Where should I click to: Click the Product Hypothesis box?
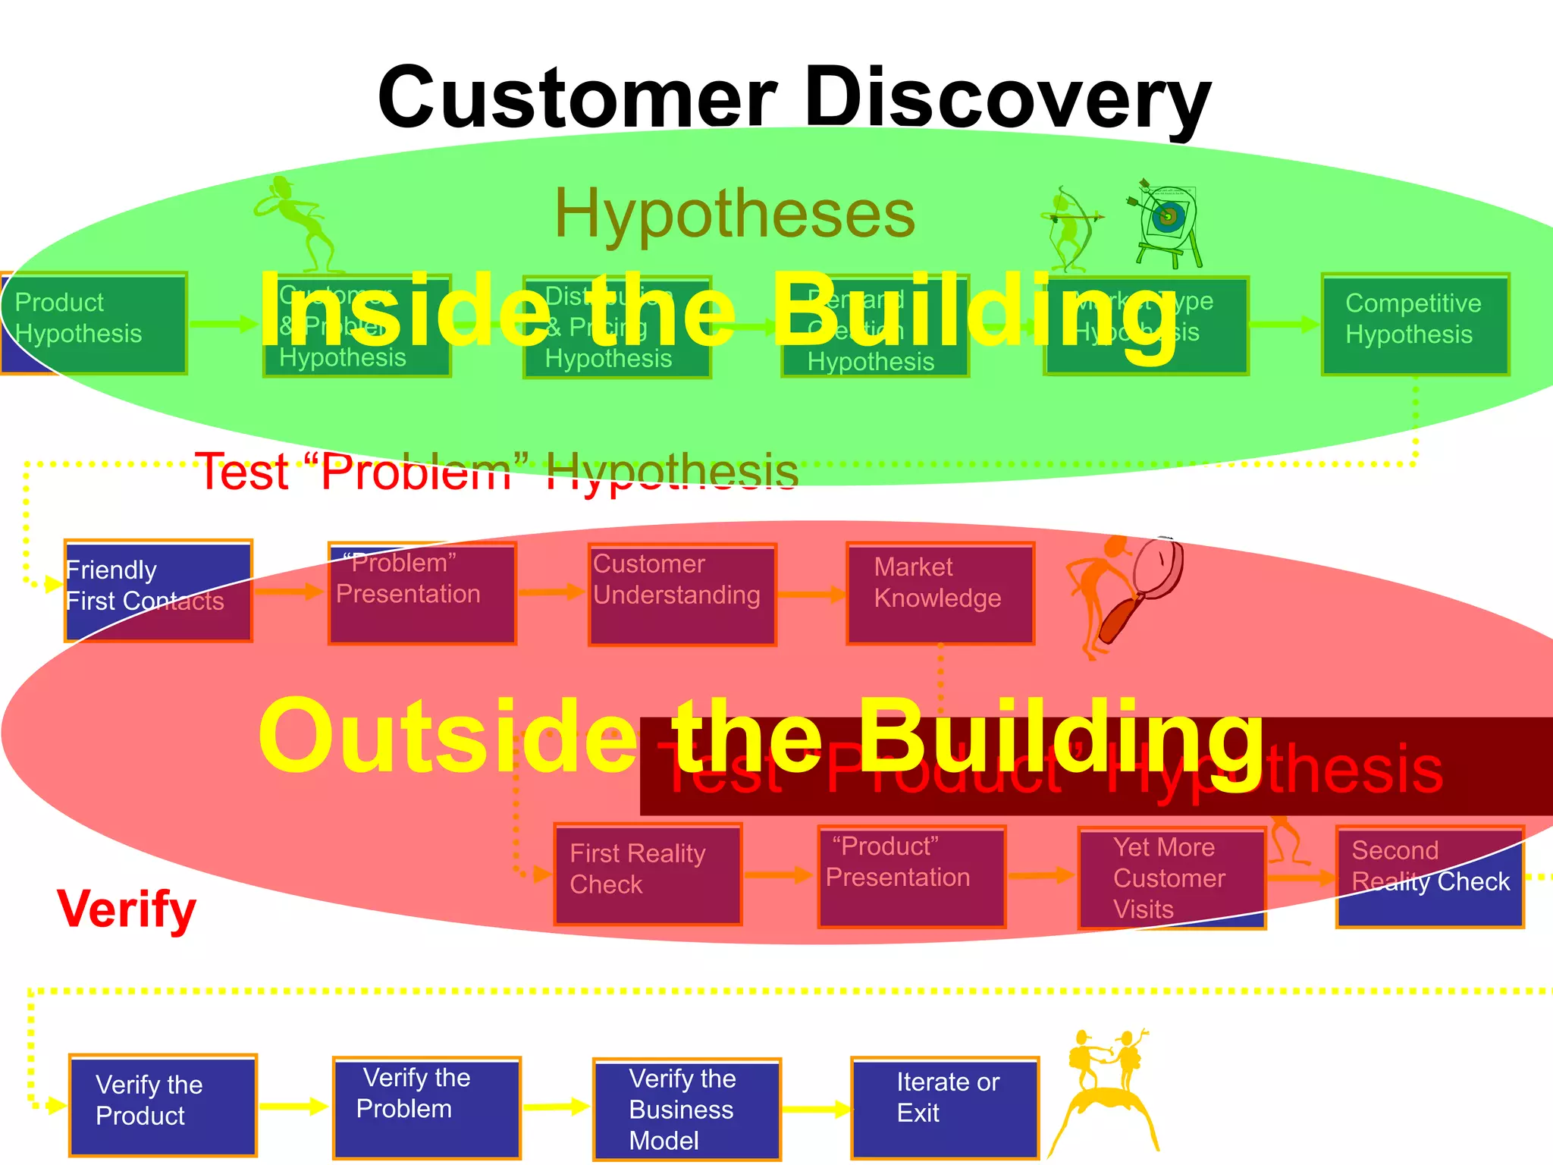pos(94,323)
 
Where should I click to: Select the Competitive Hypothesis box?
pos(1415,325)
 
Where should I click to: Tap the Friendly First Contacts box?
pos(158,591)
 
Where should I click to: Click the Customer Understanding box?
pos(682,594)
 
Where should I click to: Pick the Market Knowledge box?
pos(940,593)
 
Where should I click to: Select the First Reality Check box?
pos(648,874)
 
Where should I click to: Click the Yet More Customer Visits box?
pos(1172,878)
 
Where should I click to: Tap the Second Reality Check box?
pos(1429,876)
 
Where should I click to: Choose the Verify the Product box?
pos(162,1105)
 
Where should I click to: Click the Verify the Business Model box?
pos(686,1109)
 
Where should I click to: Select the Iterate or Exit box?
pos(945,1107)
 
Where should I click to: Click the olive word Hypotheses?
pos(735,215)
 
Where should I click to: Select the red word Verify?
pos(127,909)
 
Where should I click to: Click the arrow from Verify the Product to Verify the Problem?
pos(293,1107)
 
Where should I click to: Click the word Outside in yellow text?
pos(447,736)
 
